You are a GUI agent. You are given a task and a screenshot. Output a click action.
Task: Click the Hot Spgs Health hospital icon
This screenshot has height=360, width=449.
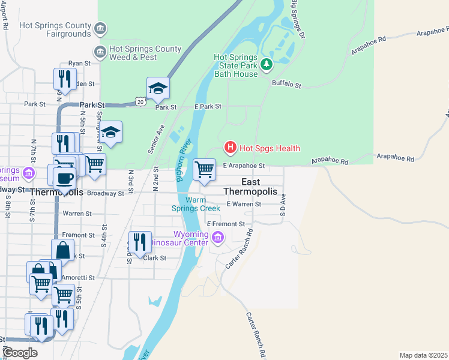[229, 147]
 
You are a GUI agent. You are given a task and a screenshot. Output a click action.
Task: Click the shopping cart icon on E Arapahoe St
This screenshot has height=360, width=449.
[205, 170]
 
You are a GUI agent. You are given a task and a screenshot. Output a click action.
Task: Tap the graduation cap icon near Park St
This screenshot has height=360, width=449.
[158, 89]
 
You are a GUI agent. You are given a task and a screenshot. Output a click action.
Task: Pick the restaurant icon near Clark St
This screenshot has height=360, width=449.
[139, 243]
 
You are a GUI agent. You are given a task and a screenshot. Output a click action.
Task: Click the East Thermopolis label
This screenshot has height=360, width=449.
[250, 187]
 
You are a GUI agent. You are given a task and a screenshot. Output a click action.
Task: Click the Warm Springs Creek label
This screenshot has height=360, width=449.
[196, 204]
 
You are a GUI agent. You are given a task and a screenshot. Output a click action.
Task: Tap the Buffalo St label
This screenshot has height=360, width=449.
[286, 85]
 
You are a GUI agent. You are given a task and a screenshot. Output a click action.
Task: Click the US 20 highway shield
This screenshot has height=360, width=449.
[140, 102]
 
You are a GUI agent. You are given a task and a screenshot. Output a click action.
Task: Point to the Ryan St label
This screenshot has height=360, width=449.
[79, 63]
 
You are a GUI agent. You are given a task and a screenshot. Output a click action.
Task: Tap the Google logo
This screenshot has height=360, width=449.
[19, 353]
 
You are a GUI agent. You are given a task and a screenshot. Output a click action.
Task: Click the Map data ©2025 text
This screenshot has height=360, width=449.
[423, 355]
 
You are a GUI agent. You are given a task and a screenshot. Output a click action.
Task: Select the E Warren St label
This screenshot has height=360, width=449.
[244, 204]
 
